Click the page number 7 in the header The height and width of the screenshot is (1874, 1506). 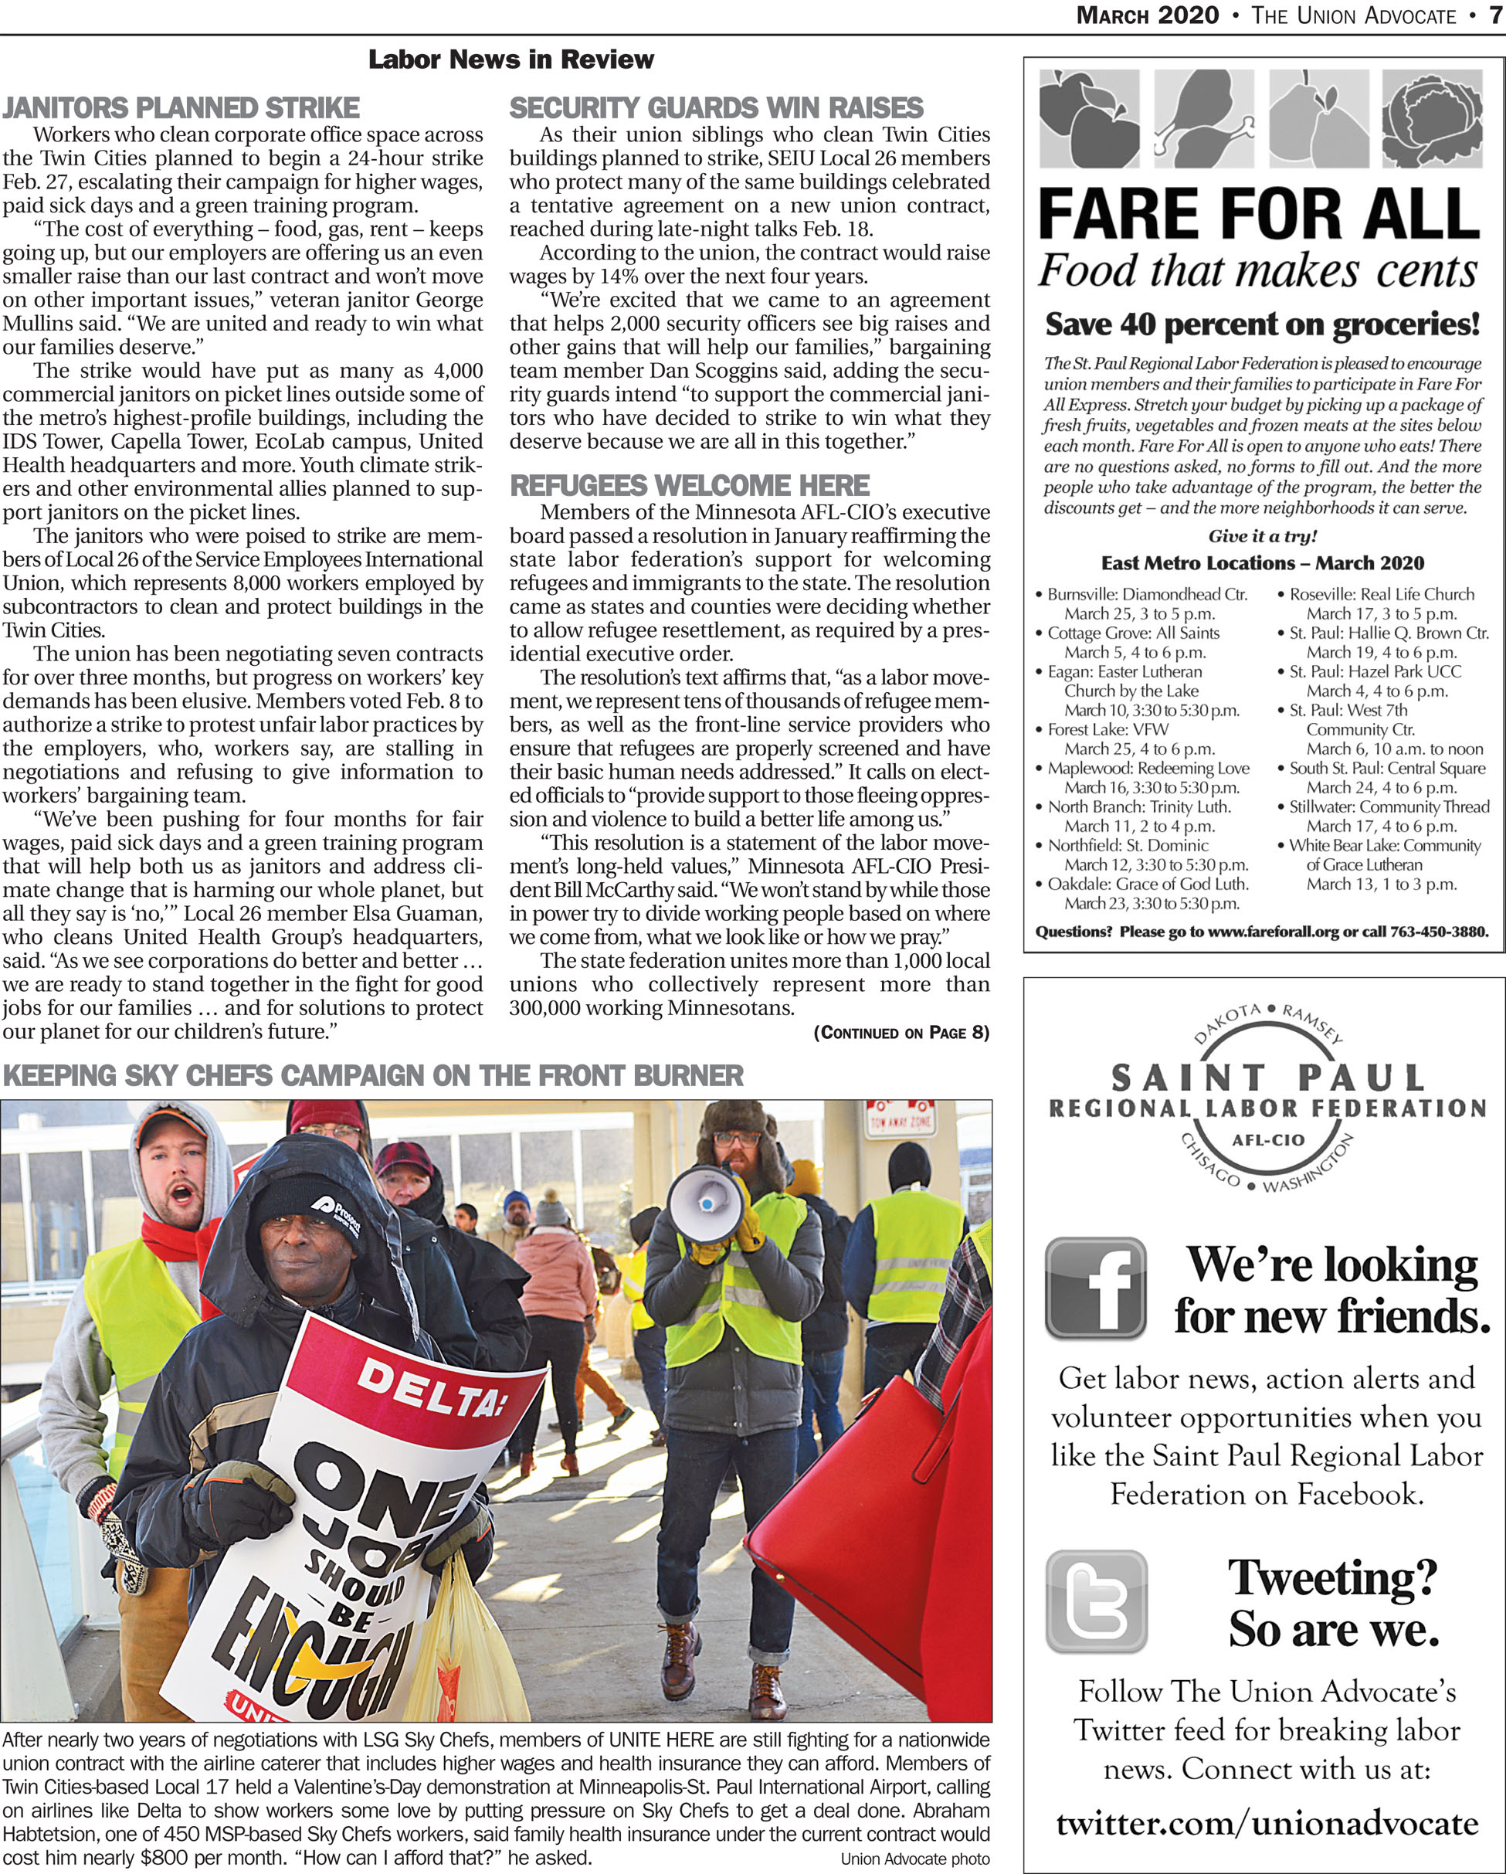[x=1495, y=15]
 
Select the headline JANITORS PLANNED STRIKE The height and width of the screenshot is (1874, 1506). [x=181, y=108]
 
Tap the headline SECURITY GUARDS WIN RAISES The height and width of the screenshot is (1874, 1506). [x=716, y=108]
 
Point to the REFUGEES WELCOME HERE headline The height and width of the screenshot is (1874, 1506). [x=689, y=485]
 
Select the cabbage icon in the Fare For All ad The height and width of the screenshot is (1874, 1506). [x=1432, y=118]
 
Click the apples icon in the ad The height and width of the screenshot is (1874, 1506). [x=1089, y=118]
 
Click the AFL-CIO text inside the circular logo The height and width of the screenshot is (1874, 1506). [x=1268, y=1140]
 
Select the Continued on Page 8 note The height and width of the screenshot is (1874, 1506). [x=901, y=1033]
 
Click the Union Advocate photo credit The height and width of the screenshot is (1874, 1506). [x=914, y=1859]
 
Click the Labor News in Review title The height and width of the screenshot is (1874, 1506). [x=511, y=60]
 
